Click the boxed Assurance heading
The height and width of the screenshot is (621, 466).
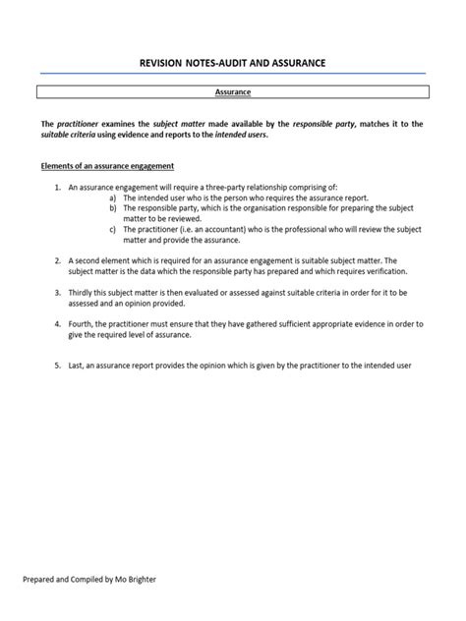(x=232, y=92)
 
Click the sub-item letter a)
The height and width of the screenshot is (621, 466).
(x=113, y=197)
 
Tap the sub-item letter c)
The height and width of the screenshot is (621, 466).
(x=113, y=229)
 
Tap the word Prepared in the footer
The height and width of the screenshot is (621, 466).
(x=41, y=580)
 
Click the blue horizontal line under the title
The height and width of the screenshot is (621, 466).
(x=232, y=74)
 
